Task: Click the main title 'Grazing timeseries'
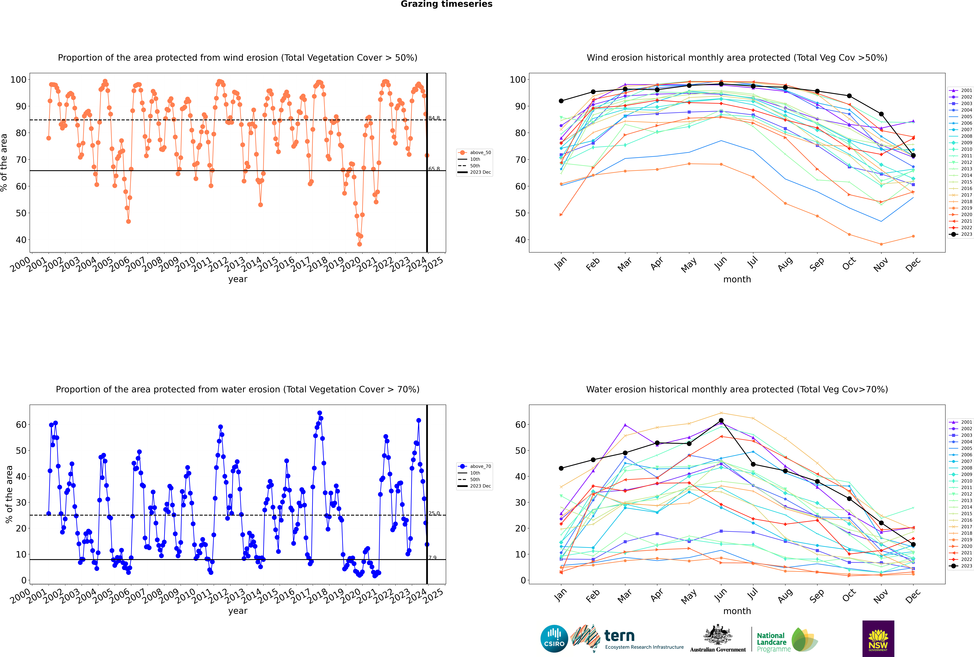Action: click(446, 4)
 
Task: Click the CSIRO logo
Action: click(554, 639)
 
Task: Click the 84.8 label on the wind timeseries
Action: click(434, 118)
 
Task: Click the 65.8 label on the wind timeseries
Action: click(434, 169)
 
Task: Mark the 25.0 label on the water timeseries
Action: click(434, 513)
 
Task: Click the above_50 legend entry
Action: click(480, 153)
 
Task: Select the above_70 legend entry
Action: click(480, 466)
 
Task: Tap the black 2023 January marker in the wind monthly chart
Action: click(561, 101)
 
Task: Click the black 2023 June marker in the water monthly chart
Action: click(721, 421)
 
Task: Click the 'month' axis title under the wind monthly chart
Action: click(737, 280)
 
